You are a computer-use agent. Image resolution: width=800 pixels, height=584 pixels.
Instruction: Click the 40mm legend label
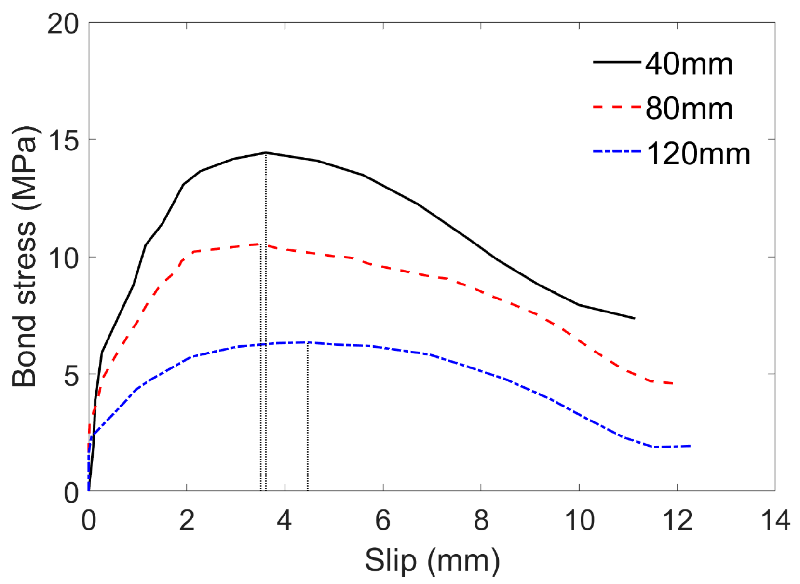(x=689, y=64)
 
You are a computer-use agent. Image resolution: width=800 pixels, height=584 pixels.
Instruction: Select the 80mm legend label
(x=689, y=109)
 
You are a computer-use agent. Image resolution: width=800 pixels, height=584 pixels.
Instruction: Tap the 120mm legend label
(x=698, y=153)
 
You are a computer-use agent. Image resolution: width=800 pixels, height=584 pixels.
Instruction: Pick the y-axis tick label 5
(x=71, y=375)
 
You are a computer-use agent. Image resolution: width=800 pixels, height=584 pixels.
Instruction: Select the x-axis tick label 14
(x=775, y=520)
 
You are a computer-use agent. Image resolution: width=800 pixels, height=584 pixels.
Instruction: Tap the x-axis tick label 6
(x=383, y=520)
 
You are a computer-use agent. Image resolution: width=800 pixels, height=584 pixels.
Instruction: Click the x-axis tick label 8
(x=481, y=520)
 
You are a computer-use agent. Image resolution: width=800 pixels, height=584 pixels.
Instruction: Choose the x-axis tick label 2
(x=187, y=520)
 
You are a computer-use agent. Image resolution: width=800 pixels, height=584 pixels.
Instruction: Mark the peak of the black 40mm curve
(x=265, y=152)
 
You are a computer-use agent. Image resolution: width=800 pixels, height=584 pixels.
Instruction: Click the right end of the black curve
(x=634, y=318)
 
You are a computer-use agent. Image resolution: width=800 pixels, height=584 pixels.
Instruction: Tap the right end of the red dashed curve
(x=673, y=383)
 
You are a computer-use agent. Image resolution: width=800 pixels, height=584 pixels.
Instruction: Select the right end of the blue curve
(x=690, y=446)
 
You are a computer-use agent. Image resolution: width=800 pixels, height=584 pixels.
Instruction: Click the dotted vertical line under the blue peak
(x=308, y=417)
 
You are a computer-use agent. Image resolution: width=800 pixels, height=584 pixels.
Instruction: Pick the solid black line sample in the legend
(x=617, y=62)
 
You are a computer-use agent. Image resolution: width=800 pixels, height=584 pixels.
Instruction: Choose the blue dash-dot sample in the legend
(x=617, y=151)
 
